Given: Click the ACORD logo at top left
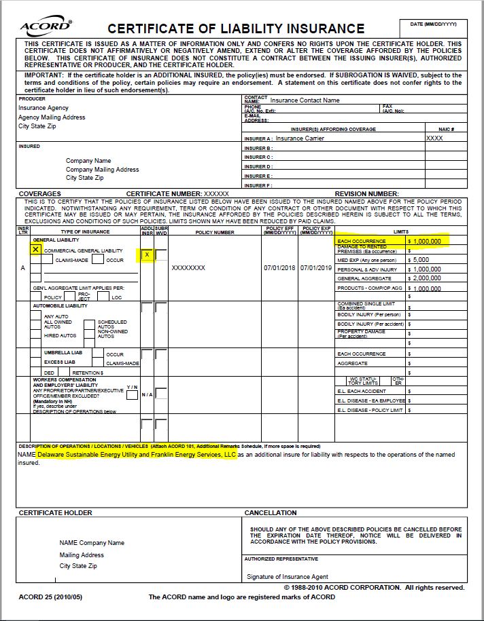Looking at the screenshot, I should [x=46, y=26].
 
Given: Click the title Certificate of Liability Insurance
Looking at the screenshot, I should [x=236, y=29].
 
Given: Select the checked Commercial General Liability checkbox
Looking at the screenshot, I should [x=35, y=250].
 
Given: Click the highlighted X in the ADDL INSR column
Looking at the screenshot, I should [x=147, y=255].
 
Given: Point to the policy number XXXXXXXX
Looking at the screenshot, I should [x=188, y=268].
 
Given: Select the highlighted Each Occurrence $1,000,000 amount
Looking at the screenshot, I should [x=426, y=241].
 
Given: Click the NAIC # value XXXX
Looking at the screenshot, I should [x=434, y=138].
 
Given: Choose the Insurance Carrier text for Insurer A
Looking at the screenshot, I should [x=300, y=138].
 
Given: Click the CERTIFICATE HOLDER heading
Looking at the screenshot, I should [x=56, y=512].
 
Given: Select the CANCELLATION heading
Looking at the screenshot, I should [x=271, y=512].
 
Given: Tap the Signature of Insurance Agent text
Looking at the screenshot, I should [x=288, y=577].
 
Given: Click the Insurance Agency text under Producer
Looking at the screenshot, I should [x=44, y=108].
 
